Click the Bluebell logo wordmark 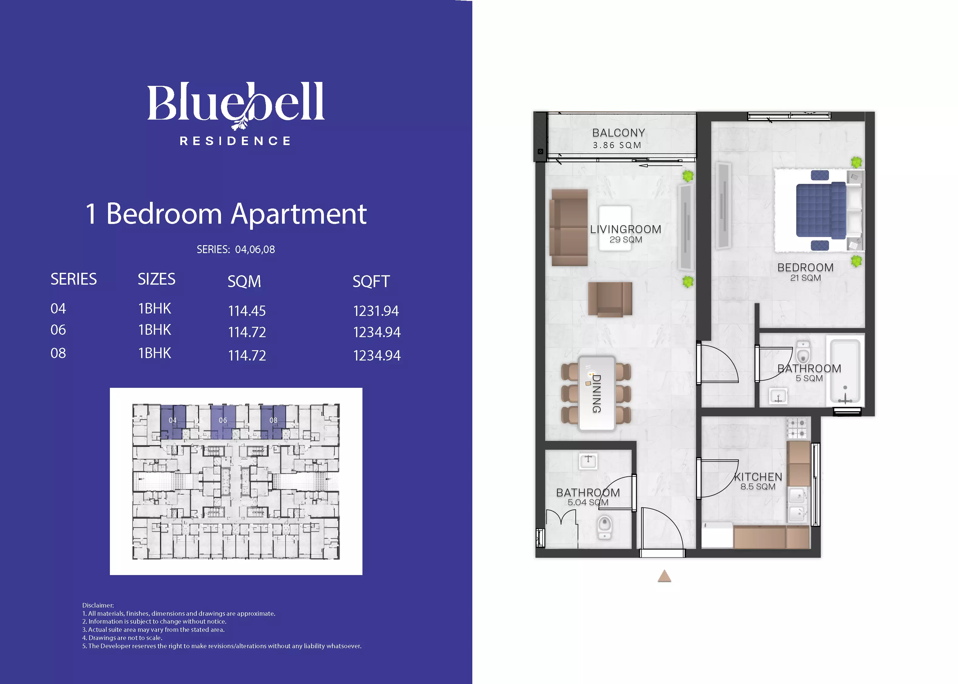tap(236, 103)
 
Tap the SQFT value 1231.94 tap(376, 311)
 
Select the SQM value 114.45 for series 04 tap(247, 311)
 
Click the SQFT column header tap(371, 281)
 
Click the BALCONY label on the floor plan tap(618, 133)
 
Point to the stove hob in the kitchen tap(797, 428)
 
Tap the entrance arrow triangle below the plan tap(664, 576)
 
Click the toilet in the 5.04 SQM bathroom tap(605, 528)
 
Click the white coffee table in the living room tap(615, 228)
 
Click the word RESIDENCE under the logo tap(235, 141)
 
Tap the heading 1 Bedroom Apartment tap(226, 214)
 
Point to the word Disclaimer tap(98, 605)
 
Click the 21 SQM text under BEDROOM tap(806, 278)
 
